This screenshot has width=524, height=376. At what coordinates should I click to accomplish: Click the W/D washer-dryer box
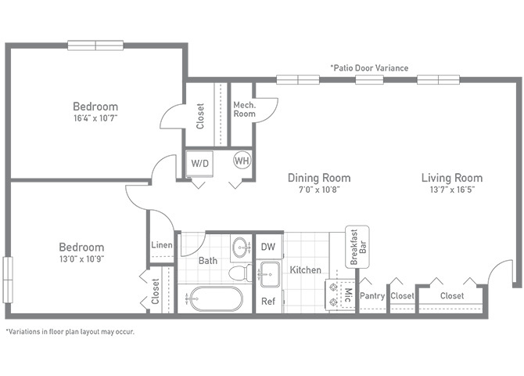point(200,164)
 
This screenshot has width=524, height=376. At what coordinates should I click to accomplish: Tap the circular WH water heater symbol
point(242,161)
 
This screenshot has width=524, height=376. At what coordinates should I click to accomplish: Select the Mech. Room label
point(244,110)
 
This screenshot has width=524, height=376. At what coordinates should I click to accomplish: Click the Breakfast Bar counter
point(357,247)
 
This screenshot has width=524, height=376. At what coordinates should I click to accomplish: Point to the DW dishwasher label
point(268,247)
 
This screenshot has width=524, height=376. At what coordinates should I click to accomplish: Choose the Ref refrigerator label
point(268,302)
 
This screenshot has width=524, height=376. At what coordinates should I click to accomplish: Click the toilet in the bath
point(241,273)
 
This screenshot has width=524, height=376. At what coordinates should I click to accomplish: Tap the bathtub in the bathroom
point(214,298)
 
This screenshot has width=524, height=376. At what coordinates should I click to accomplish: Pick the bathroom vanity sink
point(241,247)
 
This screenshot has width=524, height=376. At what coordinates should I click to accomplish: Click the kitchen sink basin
point(269,274)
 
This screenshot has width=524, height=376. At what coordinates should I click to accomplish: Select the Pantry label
point(372,296)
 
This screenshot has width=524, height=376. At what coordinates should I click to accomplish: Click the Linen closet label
point(162,245)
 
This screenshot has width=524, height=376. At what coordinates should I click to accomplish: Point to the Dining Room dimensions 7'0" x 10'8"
point(319,190)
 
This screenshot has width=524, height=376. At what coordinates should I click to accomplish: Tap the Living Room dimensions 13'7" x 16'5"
point(452,190)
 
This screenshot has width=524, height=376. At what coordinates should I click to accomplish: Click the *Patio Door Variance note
point(369,68)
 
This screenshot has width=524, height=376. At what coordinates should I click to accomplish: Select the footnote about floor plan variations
point(70,332)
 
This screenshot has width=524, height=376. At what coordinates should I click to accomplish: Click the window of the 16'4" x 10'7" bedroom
point(95,45)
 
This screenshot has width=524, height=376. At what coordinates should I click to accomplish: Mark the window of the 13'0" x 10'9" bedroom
point(8,280)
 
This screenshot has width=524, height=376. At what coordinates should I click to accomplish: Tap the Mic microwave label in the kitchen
point(348,295)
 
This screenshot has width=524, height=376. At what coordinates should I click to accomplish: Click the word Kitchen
point(306,270)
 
